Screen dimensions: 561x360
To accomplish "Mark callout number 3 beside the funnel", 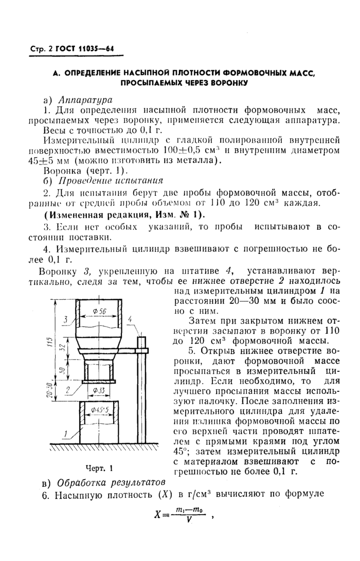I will (65, 320).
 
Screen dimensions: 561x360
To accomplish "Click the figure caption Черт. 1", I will (99, 468).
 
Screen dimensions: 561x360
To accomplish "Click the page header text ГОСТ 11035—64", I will (85, 49).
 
